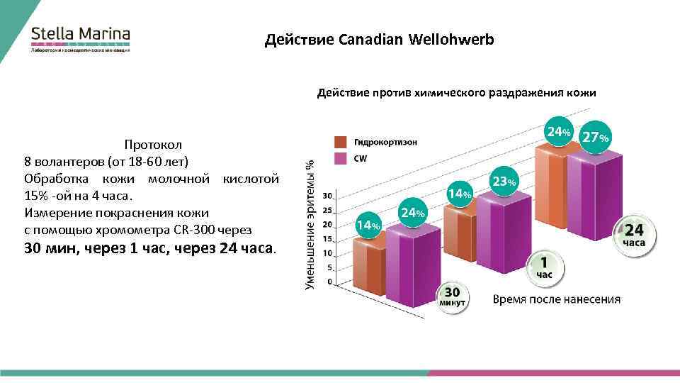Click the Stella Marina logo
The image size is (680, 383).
point(80,40)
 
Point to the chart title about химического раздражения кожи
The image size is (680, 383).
point(456,93)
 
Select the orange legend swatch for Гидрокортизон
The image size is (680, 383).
point(340,142)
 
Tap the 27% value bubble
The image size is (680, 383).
point(594,137)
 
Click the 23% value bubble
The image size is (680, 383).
point(504,182)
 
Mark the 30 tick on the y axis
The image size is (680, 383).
point(328,196)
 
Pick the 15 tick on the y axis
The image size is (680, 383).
point(328,239)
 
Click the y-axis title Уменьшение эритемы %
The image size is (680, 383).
point(310,223)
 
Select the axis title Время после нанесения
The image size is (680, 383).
point(557,299)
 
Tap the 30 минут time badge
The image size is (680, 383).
point(452,296)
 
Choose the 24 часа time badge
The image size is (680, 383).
point(634,234)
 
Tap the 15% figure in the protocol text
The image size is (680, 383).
point(35,195)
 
